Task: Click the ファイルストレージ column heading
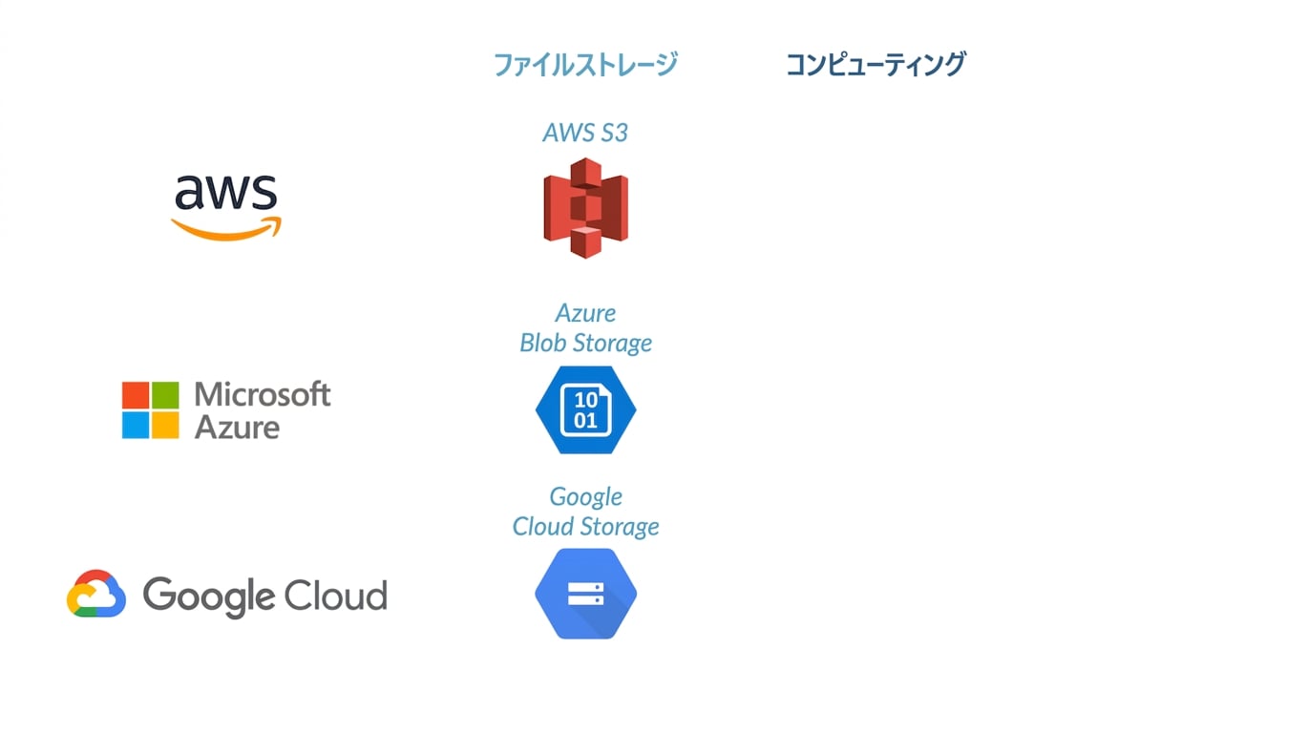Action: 585,64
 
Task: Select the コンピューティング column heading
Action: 876,64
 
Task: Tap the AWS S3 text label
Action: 585,133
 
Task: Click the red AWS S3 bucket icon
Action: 585,208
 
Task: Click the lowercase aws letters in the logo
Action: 226,192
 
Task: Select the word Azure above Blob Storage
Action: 585,313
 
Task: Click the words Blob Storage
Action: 585,344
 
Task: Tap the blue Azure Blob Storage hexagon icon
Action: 585,409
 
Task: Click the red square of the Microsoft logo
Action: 135,395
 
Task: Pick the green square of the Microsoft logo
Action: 165,395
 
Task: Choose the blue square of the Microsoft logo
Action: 135,426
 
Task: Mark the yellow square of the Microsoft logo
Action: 165,426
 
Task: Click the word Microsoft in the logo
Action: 263,394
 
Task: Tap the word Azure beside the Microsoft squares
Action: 237,428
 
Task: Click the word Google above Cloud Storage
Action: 585,498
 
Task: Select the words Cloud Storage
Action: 585,527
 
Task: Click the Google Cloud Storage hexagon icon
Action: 585,594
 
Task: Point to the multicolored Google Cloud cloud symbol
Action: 96,594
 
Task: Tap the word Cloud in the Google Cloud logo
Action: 336,596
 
